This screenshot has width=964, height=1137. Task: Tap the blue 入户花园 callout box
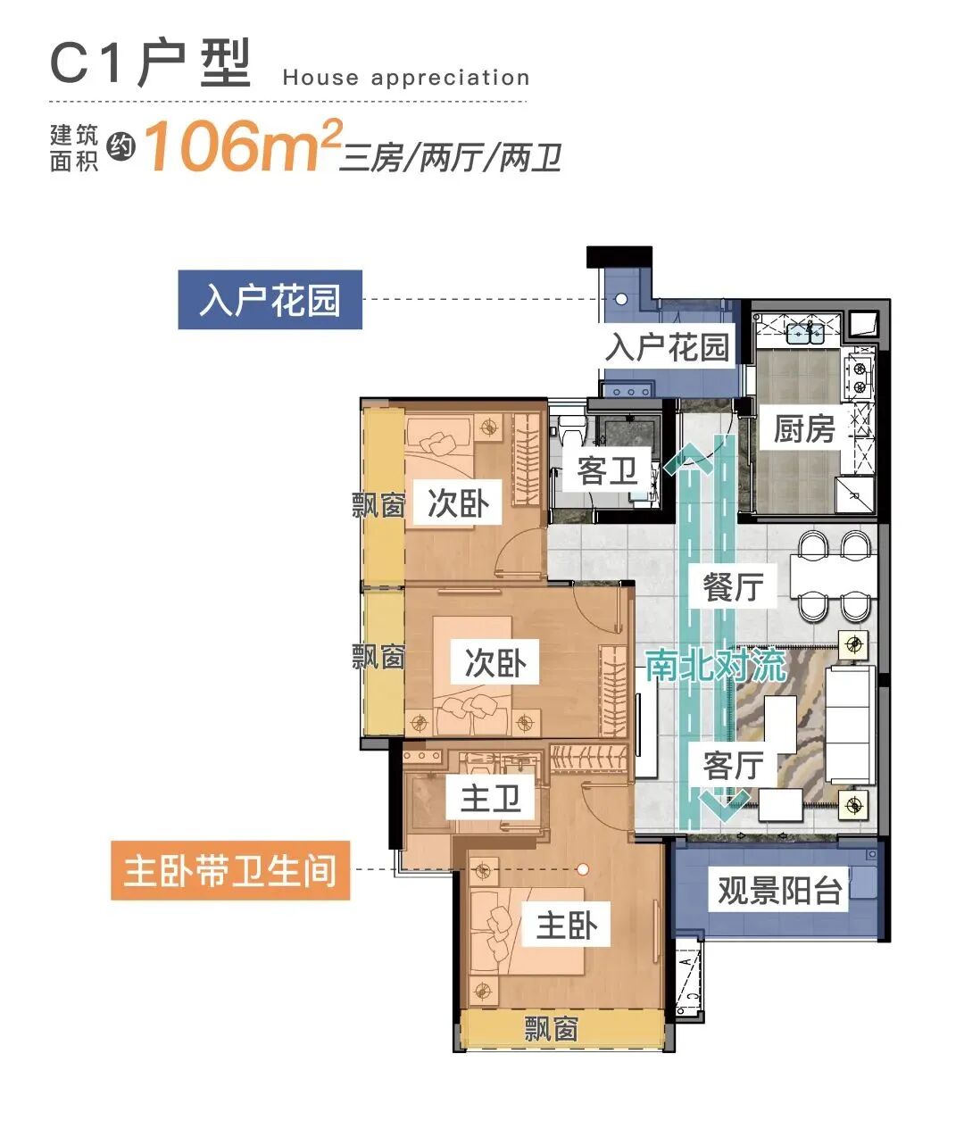[270, 300]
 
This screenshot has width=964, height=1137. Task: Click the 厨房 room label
[803, 429]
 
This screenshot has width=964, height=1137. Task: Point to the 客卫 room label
[607, 470]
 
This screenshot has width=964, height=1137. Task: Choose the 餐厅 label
[732, 587]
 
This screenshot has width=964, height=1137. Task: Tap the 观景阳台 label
[779, 891]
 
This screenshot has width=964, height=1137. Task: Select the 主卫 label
[490, 798]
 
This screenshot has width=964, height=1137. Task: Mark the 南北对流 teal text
[714, 666]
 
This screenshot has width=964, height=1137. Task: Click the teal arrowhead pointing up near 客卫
[688, 460]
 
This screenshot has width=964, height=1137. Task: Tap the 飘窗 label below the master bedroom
[551, 1029]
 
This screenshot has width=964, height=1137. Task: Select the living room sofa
[848, 725]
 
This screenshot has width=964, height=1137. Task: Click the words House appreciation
[406, 79]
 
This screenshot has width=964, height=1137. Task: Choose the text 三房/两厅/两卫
[451, 159]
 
